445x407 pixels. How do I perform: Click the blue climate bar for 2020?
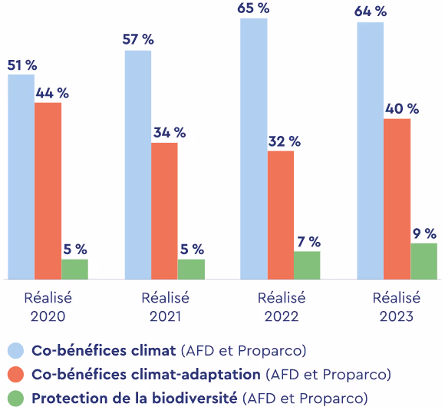click(x=21, y=177)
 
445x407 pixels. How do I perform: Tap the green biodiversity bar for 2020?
click(x=74, y=269)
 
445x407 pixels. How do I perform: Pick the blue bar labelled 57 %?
click(x=137, y=164)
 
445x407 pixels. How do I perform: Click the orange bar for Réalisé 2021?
click(x=164, y=210)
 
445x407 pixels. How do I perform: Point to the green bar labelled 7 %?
click(x=307, y=265)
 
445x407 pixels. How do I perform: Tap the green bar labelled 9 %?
click(x=424, y=261)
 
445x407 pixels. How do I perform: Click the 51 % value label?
click(x=22, y=65)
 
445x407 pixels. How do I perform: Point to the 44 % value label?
click(x=51, y=93)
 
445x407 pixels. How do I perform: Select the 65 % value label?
click(x=254, y=8)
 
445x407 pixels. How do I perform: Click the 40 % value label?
click(x=402, y=109)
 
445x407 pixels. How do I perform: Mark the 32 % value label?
click(x=284, y=141)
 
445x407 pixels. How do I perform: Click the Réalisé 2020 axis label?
click(x=48, y=306)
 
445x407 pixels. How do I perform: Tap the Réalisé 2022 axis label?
click(x=281, y=306)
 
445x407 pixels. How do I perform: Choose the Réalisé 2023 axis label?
click(x=397, y=306)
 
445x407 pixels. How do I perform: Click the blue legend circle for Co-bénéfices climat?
click(x=15, y=351)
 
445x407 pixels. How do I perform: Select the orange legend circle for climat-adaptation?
click(x=15, y=375)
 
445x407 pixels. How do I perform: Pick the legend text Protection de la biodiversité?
click(x=134, y=398)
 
